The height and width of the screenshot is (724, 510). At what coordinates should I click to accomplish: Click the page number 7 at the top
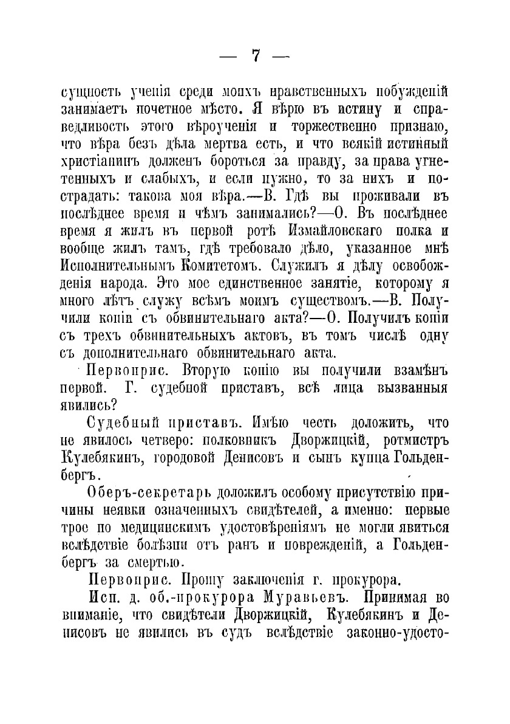click(255, 56)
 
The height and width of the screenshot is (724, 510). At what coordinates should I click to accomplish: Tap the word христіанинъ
click(100, 162)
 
